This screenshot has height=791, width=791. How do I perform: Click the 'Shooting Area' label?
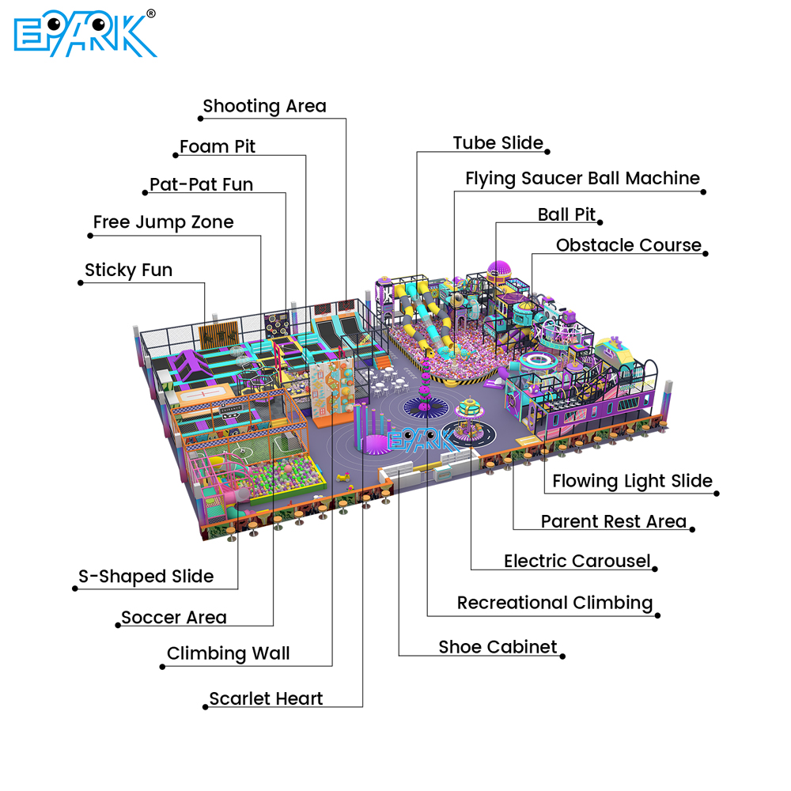pos(264,107)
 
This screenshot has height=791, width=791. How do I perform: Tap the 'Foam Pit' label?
pos(218,147)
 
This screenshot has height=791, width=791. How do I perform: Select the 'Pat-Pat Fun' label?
pos(201,184)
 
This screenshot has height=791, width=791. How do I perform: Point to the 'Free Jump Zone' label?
pos(164,222)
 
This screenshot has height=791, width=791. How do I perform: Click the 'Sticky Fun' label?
pos(129,271)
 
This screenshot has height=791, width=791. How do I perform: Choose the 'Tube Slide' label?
pos(498,142)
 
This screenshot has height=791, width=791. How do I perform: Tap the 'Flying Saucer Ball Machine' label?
pos(583,179)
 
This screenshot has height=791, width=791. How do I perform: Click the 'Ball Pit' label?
pos(566,214)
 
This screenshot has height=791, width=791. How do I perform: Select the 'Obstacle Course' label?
pos(629,245)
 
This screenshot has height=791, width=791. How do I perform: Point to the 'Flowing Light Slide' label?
pos(633,481)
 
